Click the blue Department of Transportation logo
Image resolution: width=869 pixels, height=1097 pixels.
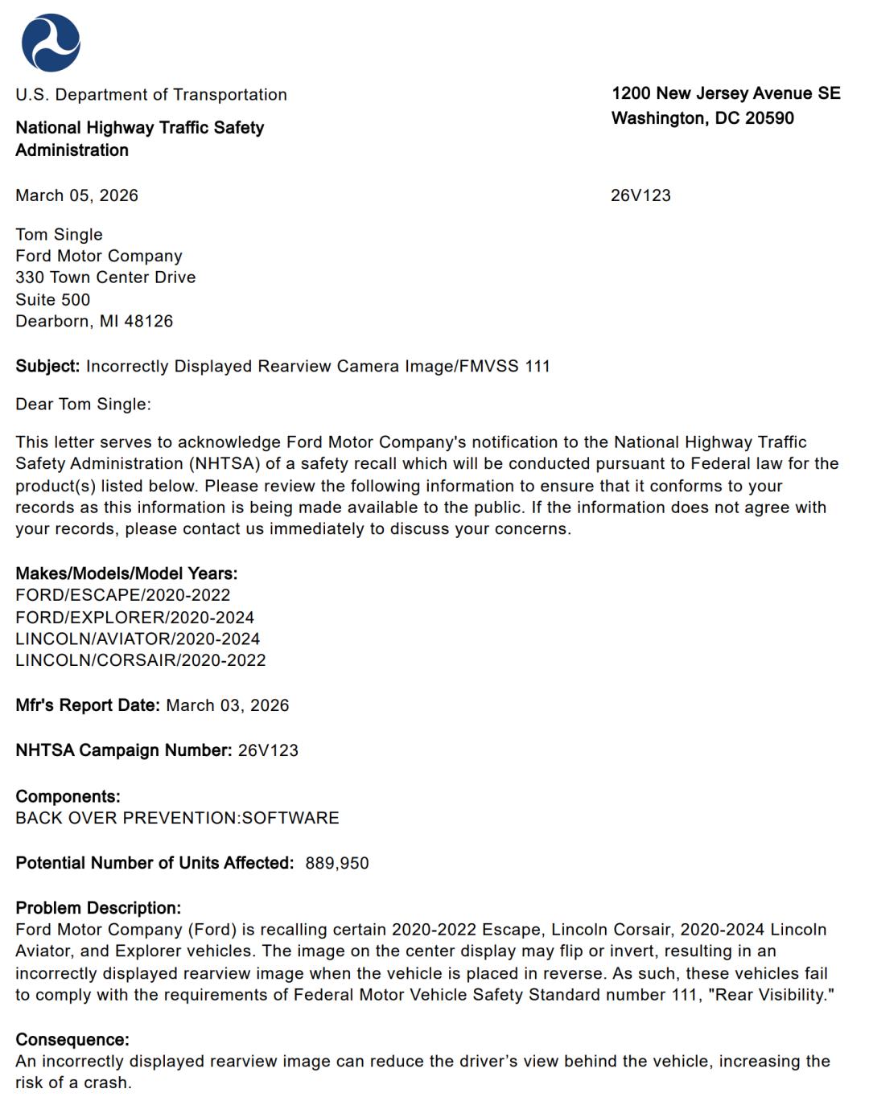[x=51, y=43]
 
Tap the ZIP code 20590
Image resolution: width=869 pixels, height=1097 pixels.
[x=769, y=118]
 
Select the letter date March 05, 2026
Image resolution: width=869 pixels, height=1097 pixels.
[x=76, y=195]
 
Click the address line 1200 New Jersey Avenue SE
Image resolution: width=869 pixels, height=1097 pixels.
[x=726, y=93]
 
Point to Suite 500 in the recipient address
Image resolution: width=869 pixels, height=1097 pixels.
[x=52, y=299]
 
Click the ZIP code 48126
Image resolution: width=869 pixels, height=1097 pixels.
[x=149, y=321]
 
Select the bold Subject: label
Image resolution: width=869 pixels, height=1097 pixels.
[x=47, y=366]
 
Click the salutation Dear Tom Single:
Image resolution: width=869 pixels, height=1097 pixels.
[x=83, y=404]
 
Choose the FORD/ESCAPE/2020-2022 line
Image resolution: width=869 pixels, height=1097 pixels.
[x=122, y=595]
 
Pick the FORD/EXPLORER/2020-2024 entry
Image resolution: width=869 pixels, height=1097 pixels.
[x=134, y=618]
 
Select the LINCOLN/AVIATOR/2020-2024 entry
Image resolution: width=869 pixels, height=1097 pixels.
[x=138, y=639]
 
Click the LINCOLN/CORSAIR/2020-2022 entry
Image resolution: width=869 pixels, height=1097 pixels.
[x=140, y=660]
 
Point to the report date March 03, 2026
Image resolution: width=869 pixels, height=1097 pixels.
[x=227, y=705]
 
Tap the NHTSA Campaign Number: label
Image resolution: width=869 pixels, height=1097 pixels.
[x=124, y=750]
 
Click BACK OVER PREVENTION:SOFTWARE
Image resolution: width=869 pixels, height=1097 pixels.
[x=177, y=818]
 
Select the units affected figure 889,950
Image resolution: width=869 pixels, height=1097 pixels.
[x=337, y=863]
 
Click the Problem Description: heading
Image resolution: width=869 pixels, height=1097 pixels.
[x=98, y=908]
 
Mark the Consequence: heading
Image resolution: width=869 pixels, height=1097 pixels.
[x=72, y=1040]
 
